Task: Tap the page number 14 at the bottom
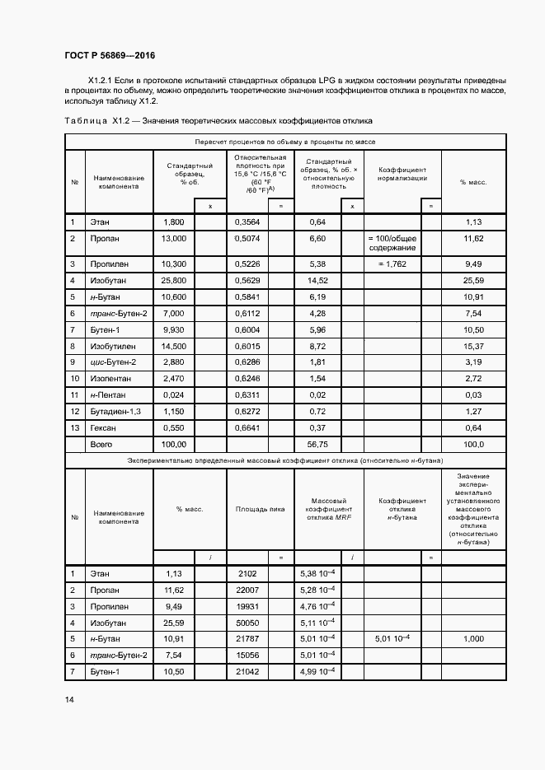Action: pos(69,699)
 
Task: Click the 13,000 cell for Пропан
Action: pos(174,239)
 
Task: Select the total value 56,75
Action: pos(317,445)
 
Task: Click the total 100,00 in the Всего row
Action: pos(174,445)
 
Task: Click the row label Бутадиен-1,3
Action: pos(115,411)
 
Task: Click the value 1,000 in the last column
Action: pos(473,638)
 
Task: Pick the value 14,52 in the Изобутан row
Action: pos(317,281)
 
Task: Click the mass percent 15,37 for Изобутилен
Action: pos(473,346)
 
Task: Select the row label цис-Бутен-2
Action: pos(113,362)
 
